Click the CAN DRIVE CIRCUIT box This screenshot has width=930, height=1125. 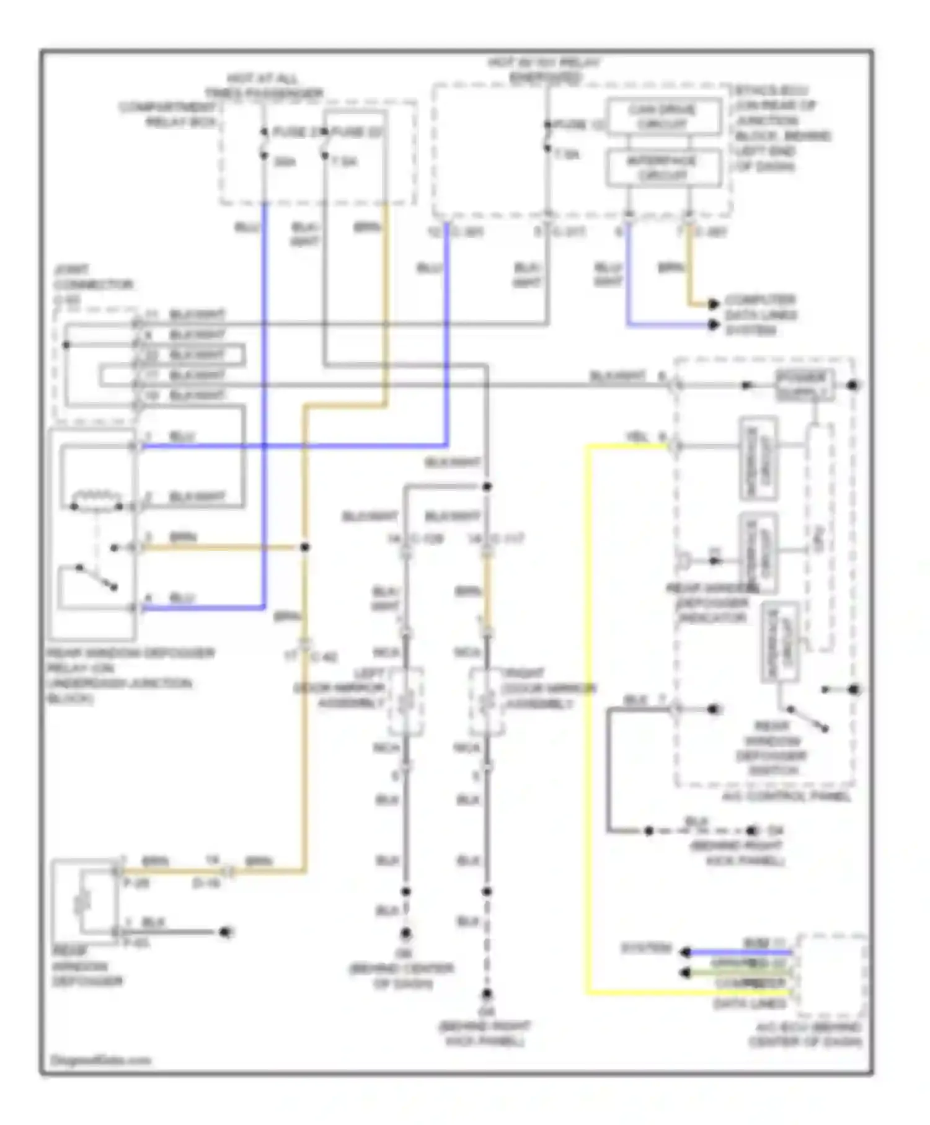click(x=663, y=117)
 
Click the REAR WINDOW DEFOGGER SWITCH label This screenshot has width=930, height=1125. click(x=773, y=749)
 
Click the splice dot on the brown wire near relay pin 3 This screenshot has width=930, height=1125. click(x=304, y=548)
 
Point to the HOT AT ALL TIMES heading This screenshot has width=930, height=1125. click(x=263, y=86)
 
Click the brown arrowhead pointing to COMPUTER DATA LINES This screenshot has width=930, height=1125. click(x=713, y=304)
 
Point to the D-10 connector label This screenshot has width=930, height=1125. click(x=206, y=883)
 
